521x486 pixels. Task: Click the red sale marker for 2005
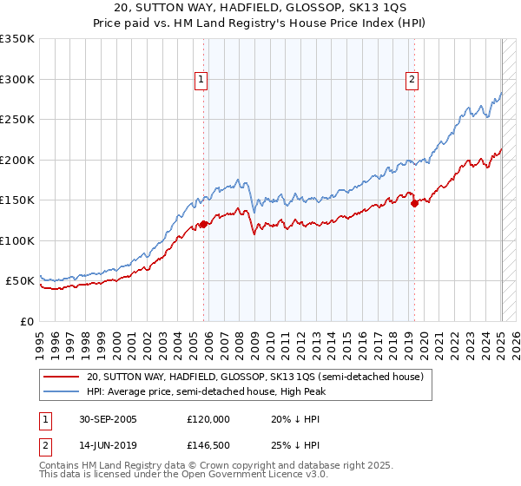point(204,224)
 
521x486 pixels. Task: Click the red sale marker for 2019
point(414,203)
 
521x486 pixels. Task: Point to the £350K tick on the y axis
point(17,39)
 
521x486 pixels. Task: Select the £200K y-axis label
point(17,160)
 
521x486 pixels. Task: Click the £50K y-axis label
point(20,281)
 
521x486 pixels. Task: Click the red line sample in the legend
point(61,378)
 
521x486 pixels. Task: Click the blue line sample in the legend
point(61,391)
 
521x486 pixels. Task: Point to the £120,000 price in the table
point(208,418)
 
